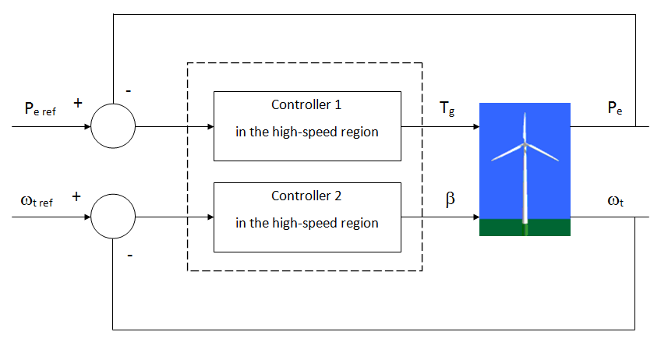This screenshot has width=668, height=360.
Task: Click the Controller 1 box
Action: click(306, 126)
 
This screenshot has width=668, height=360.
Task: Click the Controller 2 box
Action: click(306, 217)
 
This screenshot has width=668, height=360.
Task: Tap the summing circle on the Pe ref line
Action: click(113, 126)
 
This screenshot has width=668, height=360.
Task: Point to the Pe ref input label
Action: click(38, 109)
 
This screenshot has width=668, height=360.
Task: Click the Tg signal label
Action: click(447, 109)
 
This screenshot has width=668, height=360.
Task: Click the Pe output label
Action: click(614, 109)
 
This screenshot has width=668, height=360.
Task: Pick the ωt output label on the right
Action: click(615, 201)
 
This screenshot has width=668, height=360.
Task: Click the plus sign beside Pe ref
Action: click(77, 102)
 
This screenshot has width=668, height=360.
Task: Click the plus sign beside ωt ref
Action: click(76, 196)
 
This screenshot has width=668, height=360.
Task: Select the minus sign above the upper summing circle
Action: click(129, 90)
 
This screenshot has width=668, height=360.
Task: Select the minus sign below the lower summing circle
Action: click(129, 254)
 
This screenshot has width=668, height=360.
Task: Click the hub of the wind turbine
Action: click(525, 146)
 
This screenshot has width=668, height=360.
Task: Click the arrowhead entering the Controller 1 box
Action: click(210, 126)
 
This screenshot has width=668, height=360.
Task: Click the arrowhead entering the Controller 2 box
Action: click(210, 217)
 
